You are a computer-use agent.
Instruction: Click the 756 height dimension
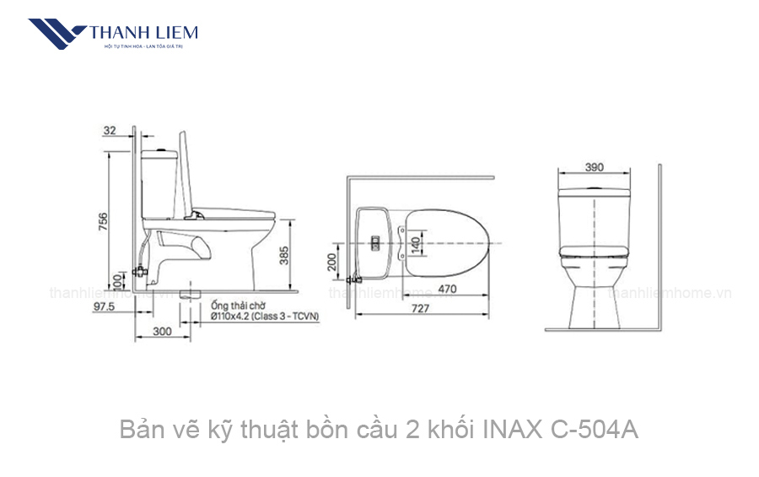tap(103, 222)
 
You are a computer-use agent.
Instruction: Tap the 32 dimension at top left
tap(110, 131)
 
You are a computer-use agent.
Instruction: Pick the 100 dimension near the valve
tap(116, 279)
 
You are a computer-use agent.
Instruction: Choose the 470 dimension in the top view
tap(448, 290)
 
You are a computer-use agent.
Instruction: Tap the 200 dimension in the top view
tap(333, 263)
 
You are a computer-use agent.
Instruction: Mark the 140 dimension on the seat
tap(415, 243)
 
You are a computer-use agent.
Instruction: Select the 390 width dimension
tap(595, 166)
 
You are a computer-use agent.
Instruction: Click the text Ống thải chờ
tap(239, 305)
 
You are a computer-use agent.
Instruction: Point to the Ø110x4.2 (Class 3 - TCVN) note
tap(265, 316)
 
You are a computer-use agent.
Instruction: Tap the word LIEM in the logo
tap(175, 33)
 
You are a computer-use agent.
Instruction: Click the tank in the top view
tap(374, 242)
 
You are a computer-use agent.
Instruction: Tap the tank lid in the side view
tap(159, 154)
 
